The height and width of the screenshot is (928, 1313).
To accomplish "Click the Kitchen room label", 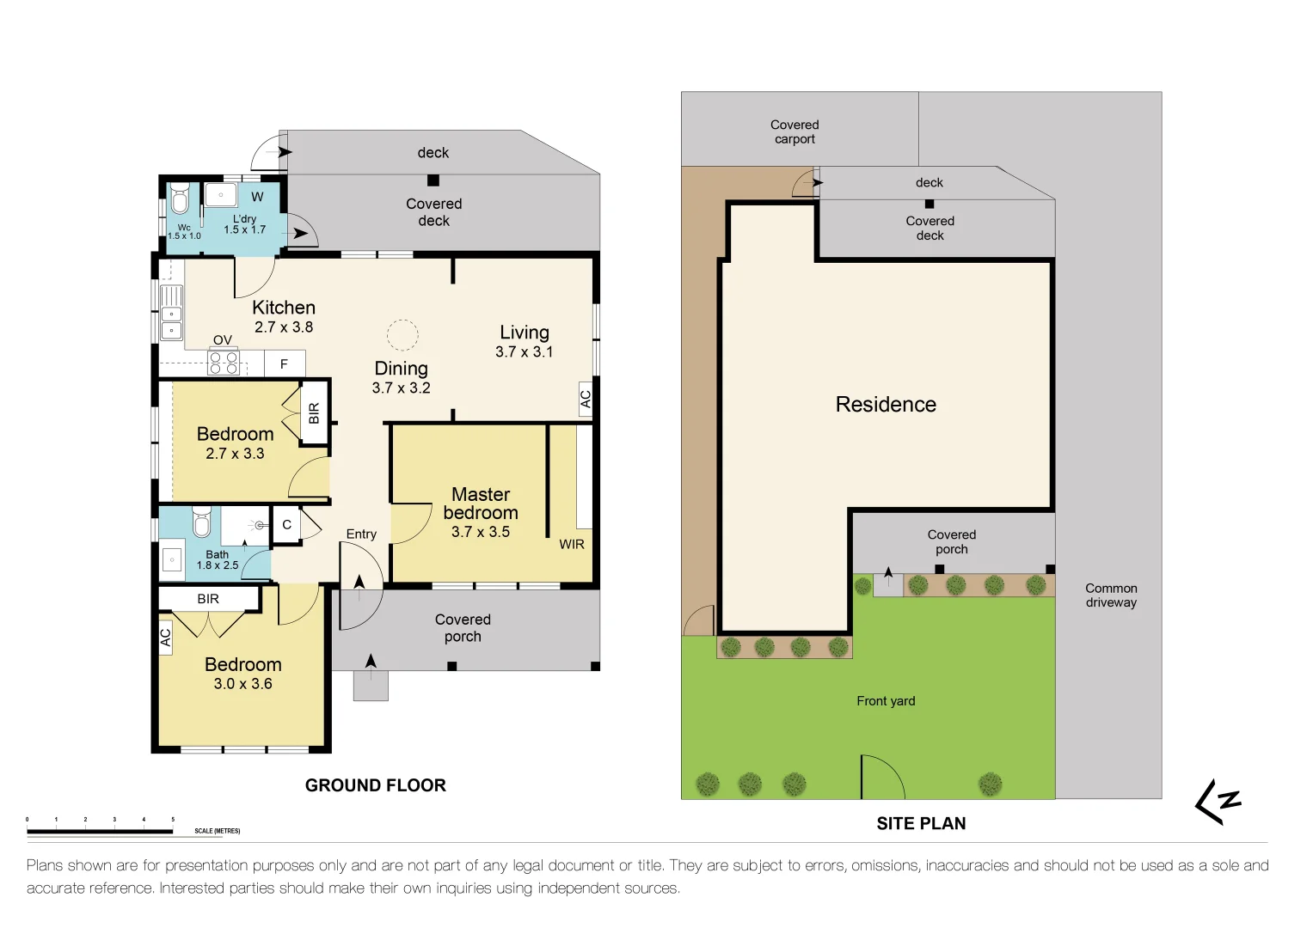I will tap(284, 308).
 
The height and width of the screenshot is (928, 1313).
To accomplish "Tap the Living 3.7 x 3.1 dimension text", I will tap(524, 352).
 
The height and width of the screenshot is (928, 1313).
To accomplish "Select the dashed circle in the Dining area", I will tap(402, 335).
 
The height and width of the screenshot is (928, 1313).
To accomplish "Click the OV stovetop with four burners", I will tap(224, 363).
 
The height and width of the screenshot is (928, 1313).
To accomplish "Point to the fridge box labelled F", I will tap(284, 363).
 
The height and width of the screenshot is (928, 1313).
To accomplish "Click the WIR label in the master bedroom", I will tap(572, 544).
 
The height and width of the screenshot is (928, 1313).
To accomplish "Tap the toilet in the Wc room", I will tap(180, 199).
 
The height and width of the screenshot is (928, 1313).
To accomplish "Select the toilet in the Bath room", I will tap(201, 522).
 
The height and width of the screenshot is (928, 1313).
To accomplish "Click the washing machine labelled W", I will tap(257, 197).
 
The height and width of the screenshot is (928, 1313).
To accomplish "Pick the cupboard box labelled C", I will tap(286, 525).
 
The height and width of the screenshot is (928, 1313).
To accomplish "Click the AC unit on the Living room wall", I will tap(586, 399).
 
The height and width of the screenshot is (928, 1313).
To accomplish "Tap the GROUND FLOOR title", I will tap(376, 785).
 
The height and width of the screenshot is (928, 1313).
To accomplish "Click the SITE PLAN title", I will tap(921, 823).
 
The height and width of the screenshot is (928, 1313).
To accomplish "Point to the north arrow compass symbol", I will tap(1218, 802).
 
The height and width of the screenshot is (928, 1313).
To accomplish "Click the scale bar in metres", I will tap(100, 831).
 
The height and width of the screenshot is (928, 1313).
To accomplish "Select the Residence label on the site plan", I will tap(886, 405).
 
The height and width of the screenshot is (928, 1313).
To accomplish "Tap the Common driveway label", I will tap(1111, 595).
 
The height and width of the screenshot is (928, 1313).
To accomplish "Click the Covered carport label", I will tap(795, 131).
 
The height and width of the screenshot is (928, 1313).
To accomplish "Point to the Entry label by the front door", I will tap(361, 534).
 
